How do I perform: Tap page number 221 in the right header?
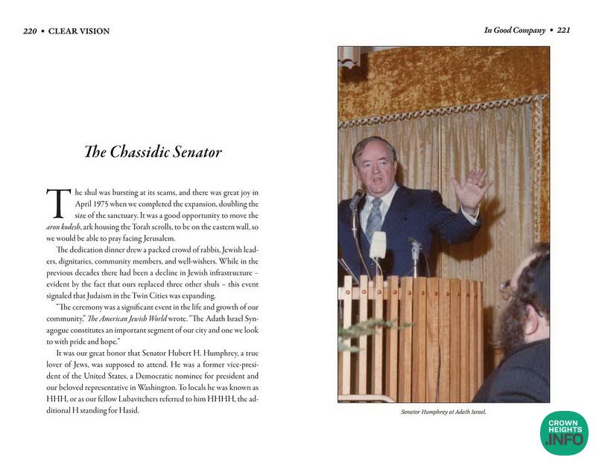(563, 31)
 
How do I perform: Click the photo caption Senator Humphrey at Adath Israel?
(443, 412)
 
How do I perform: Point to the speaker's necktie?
(375, 220)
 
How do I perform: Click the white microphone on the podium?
(378, 245)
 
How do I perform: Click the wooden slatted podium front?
(410, 335)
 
